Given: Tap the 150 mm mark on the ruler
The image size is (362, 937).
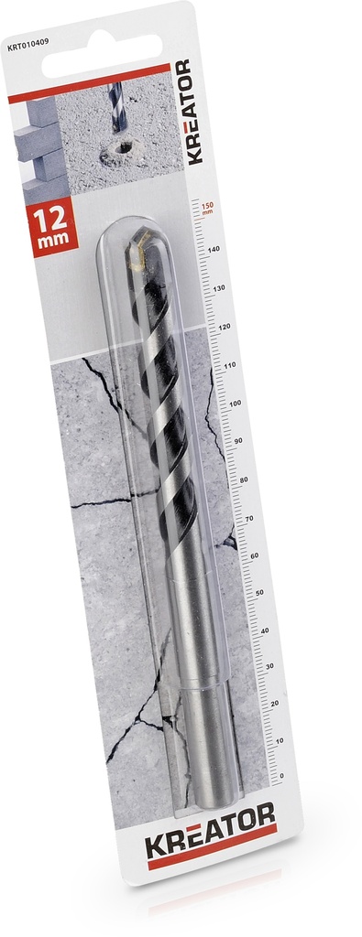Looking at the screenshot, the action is click(x=207, y=209).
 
